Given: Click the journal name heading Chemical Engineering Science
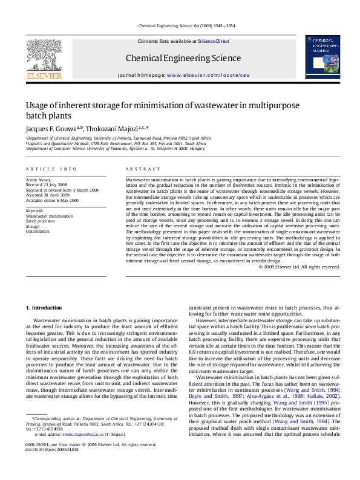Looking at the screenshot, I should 174,58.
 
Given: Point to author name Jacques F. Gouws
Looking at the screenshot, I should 51,128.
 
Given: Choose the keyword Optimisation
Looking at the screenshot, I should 38,231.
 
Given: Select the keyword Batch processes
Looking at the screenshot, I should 41,221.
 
